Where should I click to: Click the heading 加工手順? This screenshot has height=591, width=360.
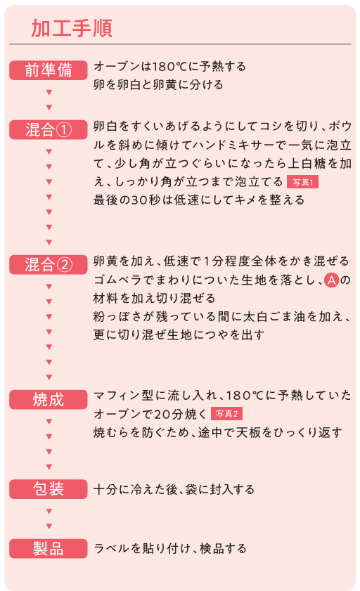tap(72, 28)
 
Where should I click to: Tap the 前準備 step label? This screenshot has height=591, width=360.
tap(49, 70)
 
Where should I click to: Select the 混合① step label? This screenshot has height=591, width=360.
tap(49, 130)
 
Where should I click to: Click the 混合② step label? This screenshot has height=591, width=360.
tap(49, 265)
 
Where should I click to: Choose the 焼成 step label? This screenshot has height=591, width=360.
tap(49, 400)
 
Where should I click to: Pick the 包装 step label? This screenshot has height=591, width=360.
tap(49, 489)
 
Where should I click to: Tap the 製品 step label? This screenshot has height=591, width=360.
tap(49, 548)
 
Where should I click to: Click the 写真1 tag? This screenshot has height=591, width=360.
tap(303, 182)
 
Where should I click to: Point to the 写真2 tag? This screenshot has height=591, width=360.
tap(226, 413)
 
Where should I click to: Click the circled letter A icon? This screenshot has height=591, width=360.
tap(331, 280)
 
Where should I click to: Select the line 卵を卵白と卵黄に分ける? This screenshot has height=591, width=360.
tap(158, 84)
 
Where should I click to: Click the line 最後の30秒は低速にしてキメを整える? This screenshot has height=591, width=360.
tap(199, 200)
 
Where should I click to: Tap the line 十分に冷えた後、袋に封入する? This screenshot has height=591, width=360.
tap(174, 489)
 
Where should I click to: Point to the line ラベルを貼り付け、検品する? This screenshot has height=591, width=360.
tap(169, 548)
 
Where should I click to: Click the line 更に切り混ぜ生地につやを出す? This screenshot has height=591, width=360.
tap(179, 335)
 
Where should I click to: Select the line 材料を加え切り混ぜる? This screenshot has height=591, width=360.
tap(154, 298)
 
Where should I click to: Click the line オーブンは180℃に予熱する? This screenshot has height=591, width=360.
tap(169, 66)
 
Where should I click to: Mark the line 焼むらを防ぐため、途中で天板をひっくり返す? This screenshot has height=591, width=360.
tap(217, 432)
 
